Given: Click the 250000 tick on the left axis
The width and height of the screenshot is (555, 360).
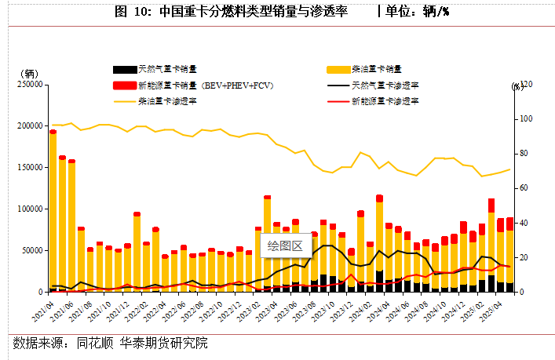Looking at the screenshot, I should (27, 84).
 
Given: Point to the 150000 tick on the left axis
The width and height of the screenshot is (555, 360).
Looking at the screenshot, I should (27, 167).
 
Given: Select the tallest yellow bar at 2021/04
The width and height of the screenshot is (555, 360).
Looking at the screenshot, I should (53, 212).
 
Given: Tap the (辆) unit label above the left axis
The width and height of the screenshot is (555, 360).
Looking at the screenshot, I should (28, 73).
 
